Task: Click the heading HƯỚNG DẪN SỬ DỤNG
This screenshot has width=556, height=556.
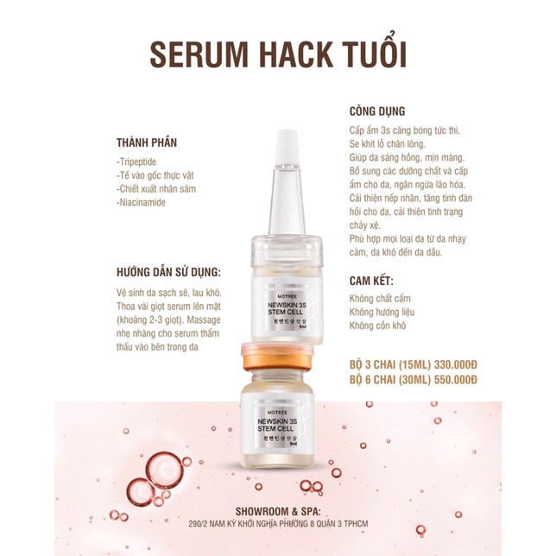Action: [x=172, y=269]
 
